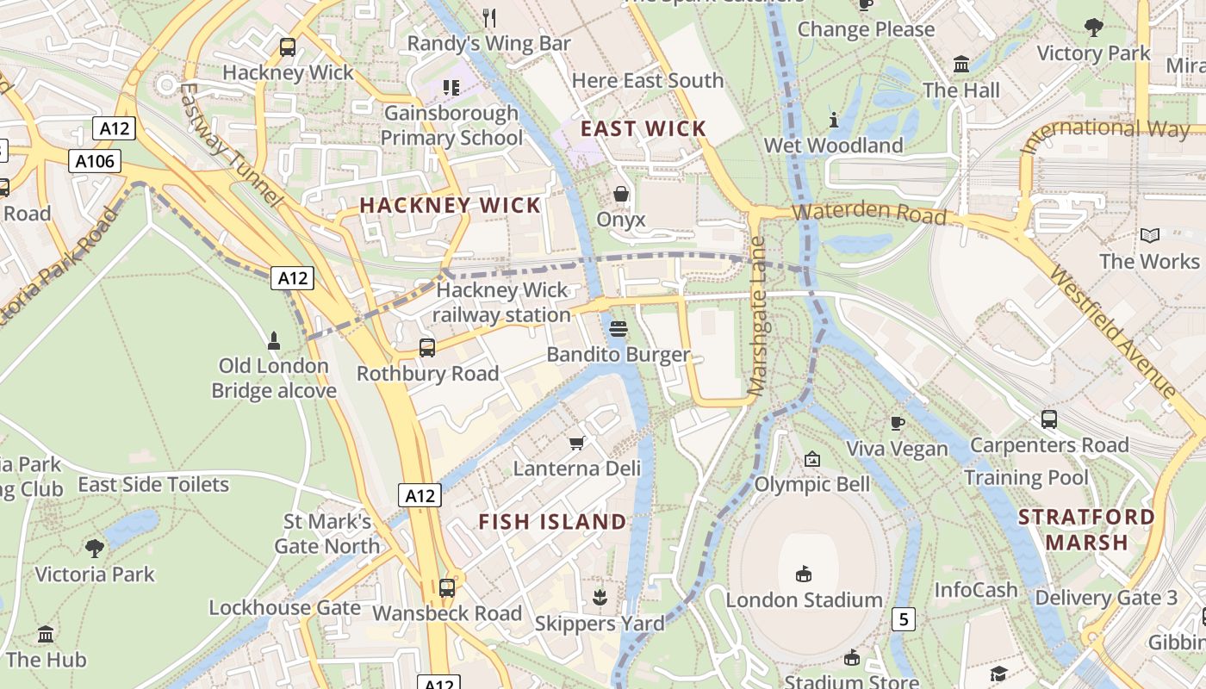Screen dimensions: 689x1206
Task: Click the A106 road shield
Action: point(96,161)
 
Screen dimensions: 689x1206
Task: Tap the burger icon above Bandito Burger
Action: point(618,328)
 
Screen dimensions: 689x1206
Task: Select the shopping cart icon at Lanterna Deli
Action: point(577,443)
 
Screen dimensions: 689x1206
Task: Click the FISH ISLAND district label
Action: point(552,522)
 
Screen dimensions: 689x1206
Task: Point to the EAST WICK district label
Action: point(643,129)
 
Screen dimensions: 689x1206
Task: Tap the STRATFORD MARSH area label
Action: point(1086,530)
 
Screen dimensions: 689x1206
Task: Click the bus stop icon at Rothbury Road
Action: point(427,348)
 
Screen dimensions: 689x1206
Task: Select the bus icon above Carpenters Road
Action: point(1048,419)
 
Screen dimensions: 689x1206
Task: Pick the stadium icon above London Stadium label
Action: point(804,574)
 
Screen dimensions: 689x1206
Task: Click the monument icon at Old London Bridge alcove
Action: point(274,341)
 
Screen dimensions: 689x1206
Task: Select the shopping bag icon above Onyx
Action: point(620,194)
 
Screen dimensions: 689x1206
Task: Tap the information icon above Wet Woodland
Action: point(833,120)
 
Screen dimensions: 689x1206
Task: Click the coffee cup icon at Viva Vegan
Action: point(897,423)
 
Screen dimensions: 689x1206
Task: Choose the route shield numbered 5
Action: point(903,618)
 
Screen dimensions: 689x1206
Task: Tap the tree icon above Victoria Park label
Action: point(95,548)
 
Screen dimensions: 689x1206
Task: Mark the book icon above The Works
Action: point(1149,235)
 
